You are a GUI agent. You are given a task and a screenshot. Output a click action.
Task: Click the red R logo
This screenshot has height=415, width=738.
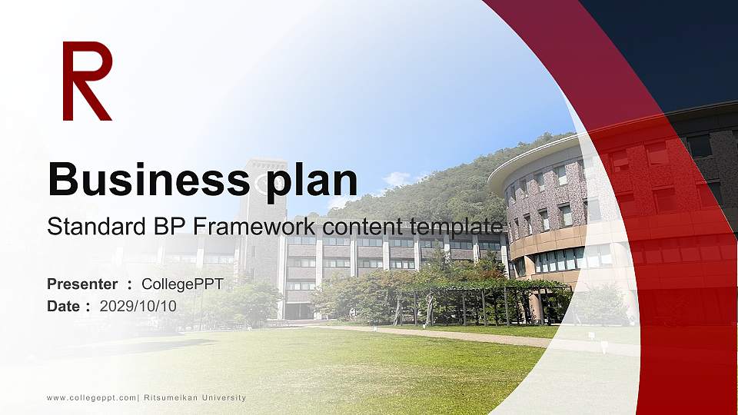click(x=86, y=81)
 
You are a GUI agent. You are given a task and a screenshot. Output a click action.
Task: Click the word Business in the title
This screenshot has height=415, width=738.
click(x=144, y=180)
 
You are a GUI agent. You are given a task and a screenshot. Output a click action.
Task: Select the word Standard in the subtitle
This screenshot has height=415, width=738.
click(x=84, y=227)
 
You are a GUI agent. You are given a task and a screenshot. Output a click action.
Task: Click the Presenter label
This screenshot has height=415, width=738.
click(x=82, y=284)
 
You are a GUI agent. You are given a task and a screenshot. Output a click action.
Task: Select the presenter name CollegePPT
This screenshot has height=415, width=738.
click(x=182, y=284)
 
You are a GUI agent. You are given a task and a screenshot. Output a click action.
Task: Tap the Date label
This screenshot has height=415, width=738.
click(x=64, y=306)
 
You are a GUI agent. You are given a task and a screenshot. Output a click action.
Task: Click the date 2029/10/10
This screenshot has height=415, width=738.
click(x=138, y=306)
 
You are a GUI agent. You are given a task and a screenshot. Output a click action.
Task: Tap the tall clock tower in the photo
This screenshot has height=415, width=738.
click(x=261, y=223)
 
